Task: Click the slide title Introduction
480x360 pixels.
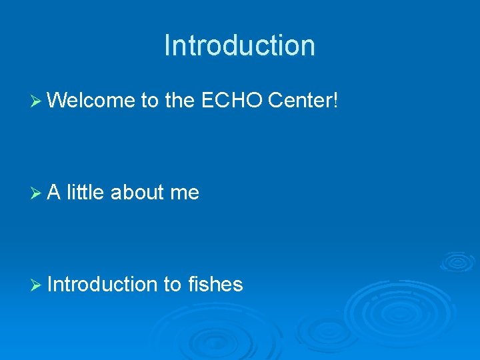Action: [x=239, y=46]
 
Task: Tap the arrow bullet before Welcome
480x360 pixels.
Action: [x=37, y=101]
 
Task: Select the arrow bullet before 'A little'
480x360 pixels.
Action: [x=37, y=193]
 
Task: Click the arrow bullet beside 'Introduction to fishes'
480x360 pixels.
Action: [x=37, y=285]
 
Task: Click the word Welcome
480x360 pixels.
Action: [x=91, y=101]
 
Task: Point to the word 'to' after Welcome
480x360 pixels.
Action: [x=149, y=101]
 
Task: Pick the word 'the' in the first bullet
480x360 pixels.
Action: [x=179, y=101]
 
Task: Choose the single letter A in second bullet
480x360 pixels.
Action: [x=54, y=192]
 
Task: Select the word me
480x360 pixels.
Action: [x=185, y=193]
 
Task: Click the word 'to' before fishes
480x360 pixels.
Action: [x=171, y=285]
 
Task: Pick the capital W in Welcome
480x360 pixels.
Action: [x=57, y=101]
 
